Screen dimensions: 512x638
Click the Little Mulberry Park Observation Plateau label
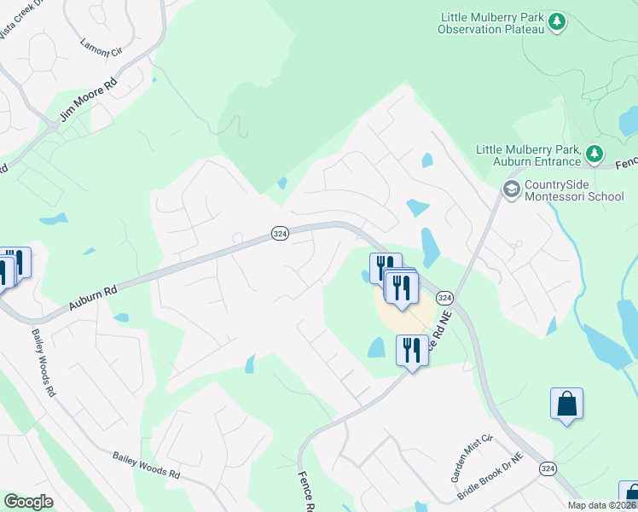click(x=490, y=23)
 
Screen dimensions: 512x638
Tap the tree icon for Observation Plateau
click(x=557, y=20)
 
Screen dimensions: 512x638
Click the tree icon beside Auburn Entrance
click(x=594, y=154)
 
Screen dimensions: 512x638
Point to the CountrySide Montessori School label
click(x=574, y=190)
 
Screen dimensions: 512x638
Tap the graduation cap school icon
click(x=512, y=189)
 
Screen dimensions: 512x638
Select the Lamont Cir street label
click(x=101, y=48)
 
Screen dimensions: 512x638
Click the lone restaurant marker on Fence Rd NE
click(x=412, y=349)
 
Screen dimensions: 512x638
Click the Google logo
click(x=28, y=502)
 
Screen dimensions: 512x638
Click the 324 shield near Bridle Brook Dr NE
click(x=548, y=468)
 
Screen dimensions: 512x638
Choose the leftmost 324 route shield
click(x=279, y=233)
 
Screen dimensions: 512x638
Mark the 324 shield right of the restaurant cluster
click(x=444, y=297)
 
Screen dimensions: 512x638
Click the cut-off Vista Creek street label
click(x=20, y=26)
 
